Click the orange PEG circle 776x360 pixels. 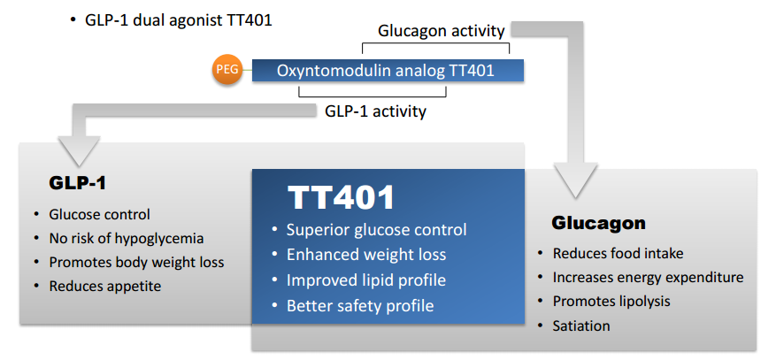227,70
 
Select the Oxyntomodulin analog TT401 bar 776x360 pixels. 388,70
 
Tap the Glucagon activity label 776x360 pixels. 441,31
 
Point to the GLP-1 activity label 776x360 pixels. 375,111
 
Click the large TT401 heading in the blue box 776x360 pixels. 341,197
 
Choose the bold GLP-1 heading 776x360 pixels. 77,183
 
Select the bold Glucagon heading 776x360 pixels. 598,223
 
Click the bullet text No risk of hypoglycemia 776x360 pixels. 127,238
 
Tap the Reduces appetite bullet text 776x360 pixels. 105,286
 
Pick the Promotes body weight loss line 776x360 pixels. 136,262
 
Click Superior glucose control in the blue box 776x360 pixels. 377,230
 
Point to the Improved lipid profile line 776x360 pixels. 366,280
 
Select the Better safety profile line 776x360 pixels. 360,306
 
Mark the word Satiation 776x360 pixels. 581,326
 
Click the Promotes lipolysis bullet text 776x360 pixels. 611,301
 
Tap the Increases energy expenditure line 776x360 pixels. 648,278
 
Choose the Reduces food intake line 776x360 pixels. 618,254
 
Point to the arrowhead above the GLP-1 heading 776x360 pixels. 79,150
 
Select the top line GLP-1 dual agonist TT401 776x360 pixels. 179,19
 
